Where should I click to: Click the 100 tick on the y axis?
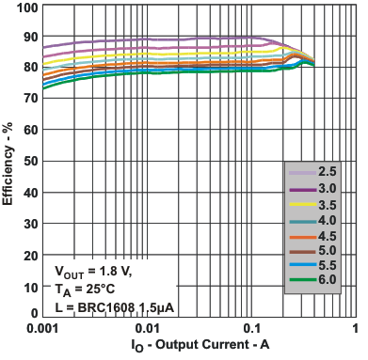26,8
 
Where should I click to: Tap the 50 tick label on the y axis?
29,160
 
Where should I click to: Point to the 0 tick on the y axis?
34,313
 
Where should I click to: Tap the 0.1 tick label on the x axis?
251,328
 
